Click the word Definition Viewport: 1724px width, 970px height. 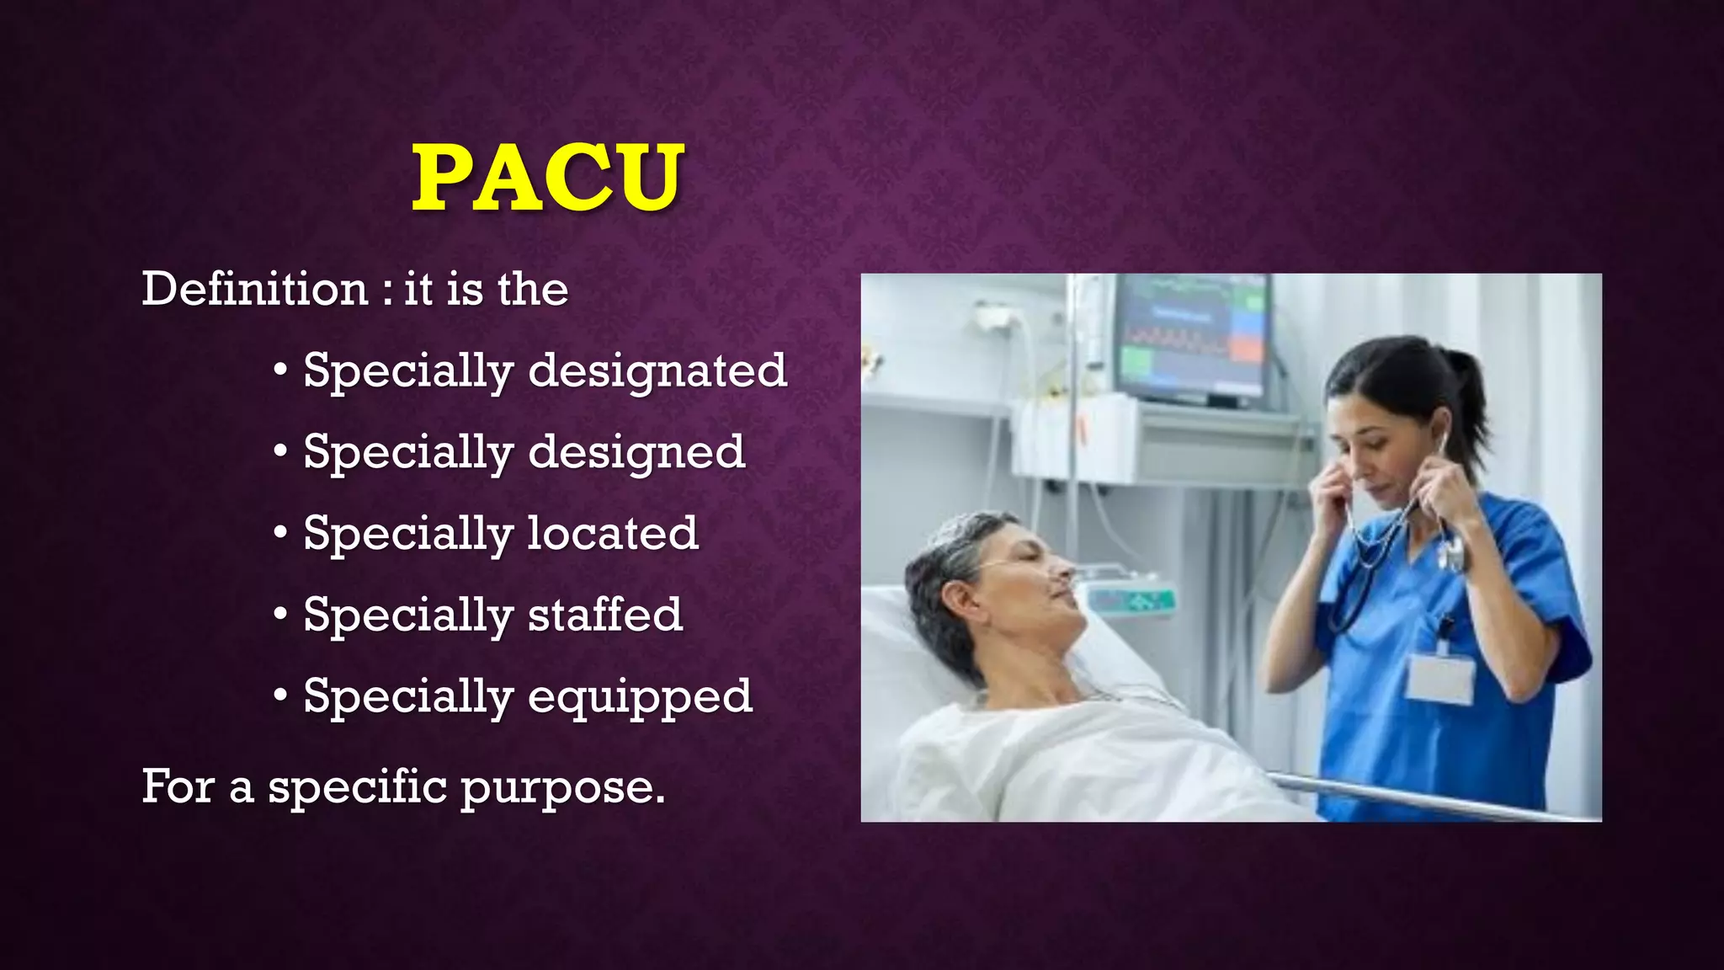[x=254, y=289]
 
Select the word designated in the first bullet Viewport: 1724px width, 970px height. [x=657, y=370]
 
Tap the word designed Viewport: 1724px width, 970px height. [x=636, y=451]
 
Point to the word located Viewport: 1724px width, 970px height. [x=613, y=533]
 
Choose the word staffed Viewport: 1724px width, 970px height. [x=604, y=614]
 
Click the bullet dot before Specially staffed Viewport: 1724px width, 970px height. [x=281, y=615]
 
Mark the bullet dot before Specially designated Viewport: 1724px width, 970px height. [x=281, y=370]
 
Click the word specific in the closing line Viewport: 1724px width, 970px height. [x=358, y=786]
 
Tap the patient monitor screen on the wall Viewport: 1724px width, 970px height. [x=1194, y=337]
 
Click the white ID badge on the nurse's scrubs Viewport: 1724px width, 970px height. [x=1440, y=678]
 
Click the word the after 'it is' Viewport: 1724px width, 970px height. [x=533, y=289]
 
